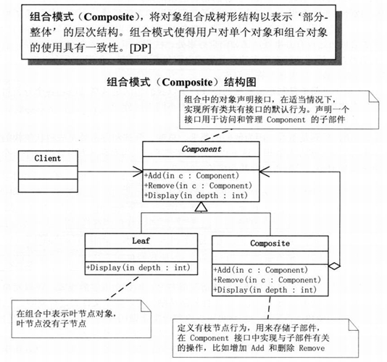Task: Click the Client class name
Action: coord(47,158)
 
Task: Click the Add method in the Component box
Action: coord(191,174)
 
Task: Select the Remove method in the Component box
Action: coord(196,185)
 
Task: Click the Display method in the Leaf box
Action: coord(138,268)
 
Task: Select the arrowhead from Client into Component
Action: coord(138,172)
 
